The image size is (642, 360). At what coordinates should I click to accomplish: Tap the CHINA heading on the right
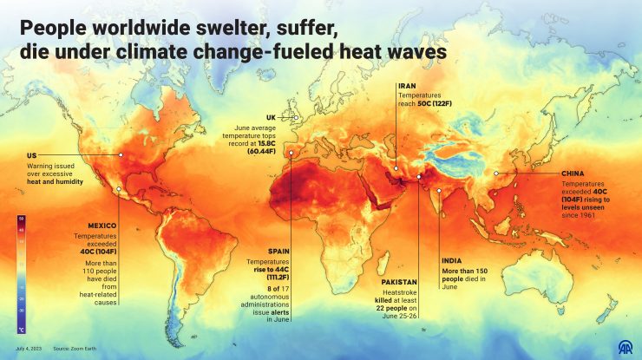[575, 173]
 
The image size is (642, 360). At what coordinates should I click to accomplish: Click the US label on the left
[30, 156]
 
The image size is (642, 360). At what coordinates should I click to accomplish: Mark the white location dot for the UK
[296, 118]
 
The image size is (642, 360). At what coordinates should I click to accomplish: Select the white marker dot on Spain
[291, 155]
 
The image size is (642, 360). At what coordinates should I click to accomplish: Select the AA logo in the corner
[623, 345]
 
